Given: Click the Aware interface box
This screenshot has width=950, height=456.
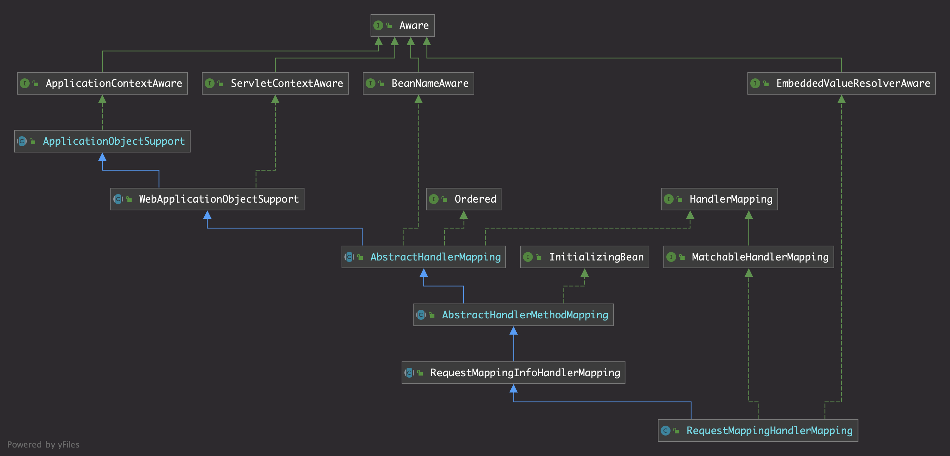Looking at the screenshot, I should (402, 25).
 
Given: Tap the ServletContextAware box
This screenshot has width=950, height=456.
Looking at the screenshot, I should (275, 83).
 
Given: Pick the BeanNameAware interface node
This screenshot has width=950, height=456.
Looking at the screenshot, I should (418, 83).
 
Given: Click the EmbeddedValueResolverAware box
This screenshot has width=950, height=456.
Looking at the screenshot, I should (841, 83).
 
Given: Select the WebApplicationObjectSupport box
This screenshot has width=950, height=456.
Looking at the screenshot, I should (207, 199).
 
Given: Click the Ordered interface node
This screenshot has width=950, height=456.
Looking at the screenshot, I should (464, 199).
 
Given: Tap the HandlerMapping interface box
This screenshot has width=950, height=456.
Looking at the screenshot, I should (719, 199).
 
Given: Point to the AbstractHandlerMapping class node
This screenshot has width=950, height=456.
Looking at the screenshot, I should (423, 257).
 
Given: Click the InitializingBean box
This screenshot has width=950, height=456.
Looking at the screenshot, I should (584, 257).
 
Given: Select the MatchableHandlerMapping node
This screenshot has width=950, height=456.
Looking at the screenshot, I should (748, 257).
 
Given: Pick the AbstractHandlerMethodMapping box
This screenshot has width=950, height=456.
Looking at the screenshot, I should (513, 315).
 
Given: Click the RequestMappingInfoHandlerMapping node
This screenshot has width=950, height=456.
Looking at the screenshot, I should (513, 373).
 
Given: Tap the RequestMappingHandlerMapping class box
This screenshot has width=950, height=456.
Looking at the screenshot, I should (758, 431).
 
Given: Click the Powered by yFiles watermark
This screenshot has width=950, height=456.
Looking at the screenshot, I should (43, 445).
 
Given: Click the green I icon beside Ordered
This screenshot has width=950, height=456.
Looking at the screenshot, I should (434, 199).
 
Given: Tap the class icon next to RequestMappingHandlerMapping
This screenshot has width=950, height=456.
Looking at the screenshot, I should (665, 431).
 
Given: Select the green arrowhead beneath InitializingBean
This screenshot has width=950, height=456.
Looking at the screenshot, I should (584, 273).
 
